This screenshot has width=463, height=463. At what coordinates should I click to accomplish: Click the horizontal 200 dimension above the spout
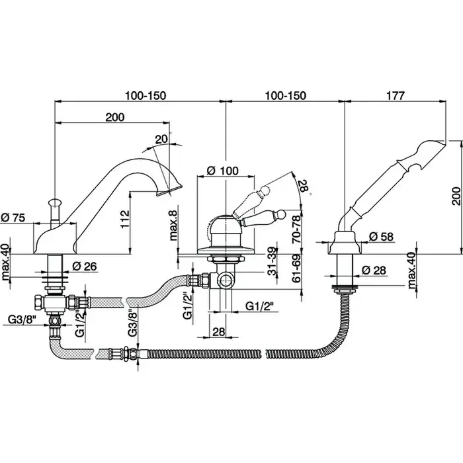point(115,117)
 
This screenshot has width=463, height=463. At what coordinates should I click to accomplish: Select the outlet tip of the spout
point(174,190)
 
